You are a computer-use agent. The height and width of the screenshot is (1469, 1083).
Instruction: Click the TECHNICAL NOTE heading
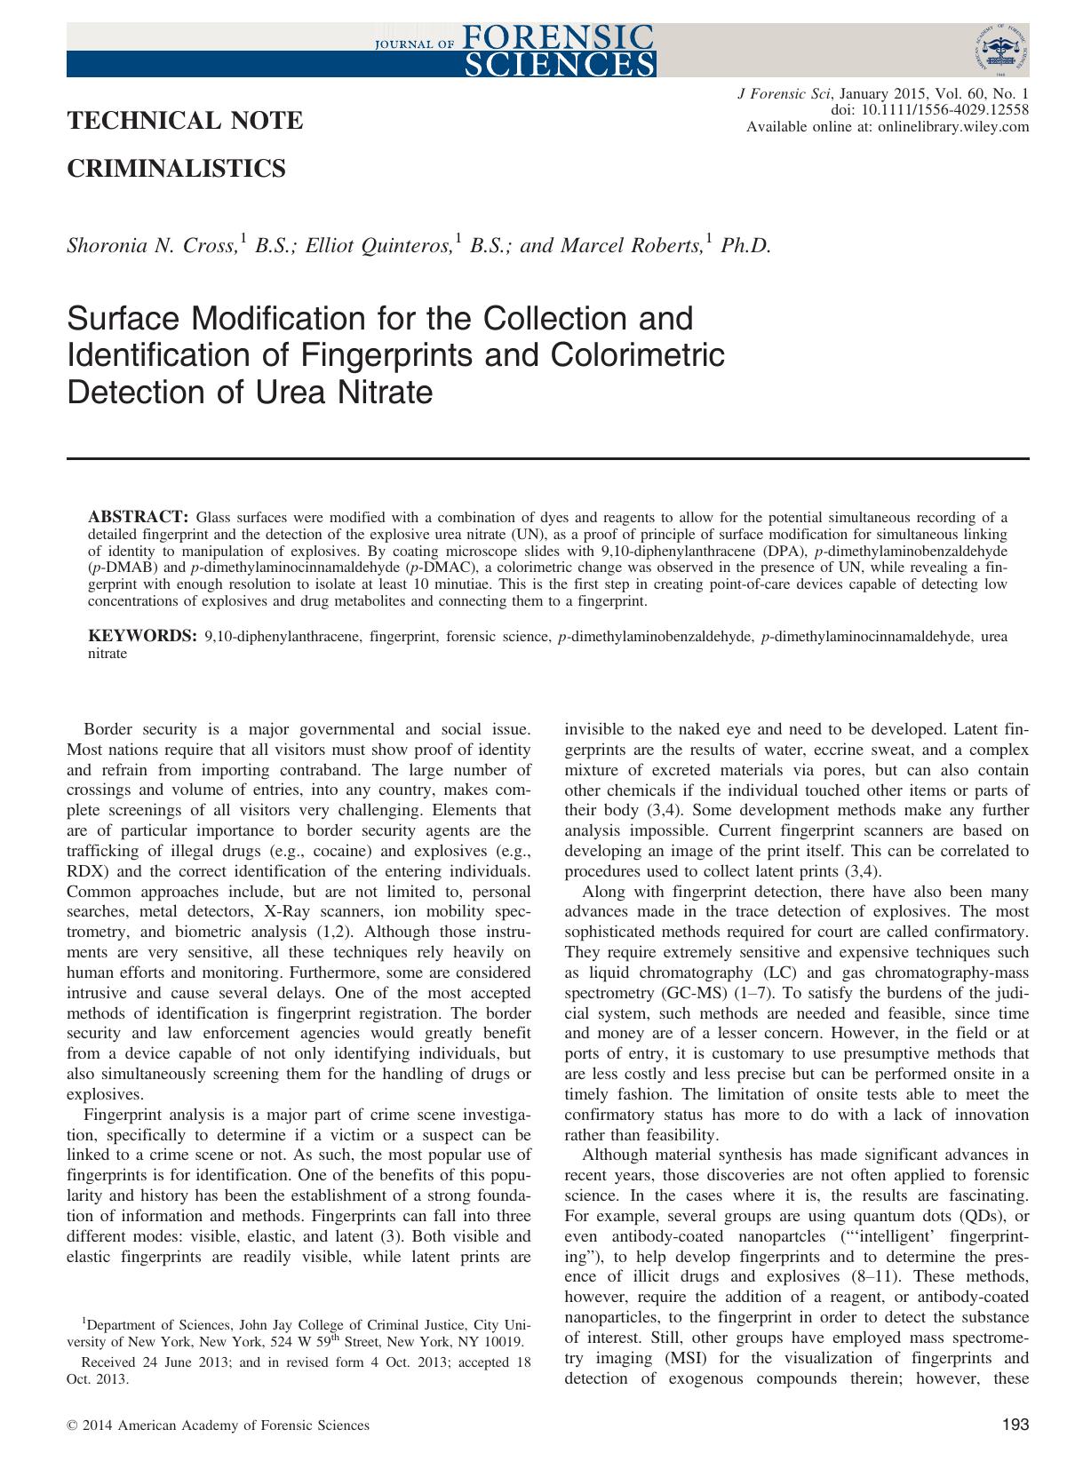pos(185,121)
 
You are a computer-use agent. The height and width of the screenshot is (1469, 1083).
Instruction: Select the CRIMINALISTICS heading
pos(176,168)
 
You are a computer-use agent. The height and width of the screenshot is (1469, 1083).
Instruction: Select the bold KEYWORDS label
pos(141,636)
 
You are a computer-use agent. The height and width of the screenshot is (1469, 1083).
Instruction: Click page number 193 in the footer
pos(1015,1425)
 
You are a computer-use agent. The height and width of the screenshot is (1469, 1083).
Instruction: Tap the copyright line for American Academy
pos(218,1425)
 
